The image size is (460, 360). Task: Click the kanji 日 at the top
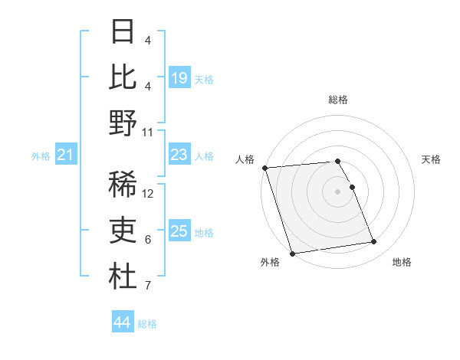(123, 31)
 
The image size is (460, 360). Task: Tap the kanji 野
(123, 123)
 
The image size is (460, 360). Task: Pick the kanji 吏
(123, 231)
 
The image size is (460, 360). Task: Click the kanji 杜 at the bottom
(123, 277)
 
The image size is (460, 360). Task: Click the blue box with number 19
(179, 77)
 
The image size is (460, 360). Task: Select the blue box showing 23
(179, 155)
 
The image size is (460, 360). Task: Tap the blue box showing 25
(179, 231)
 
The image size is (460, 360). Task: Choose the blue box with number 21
(66, 155)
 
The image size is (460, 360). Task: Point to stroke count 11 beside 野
(148, 132)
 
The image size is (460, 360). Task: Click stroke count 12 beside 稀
(148, 194)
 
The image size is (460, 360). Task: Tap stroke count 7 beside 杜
(148, 286)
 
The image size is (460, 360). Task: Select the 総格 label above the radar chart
(338, 100)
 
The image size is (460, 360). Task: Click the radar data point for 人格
(264, 168)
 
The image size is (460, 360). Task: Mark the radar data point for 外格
(292, 254)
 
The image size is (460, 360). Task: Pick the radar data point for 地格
(373, 242)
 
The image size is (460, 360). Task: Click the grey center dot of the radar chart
(338, 191)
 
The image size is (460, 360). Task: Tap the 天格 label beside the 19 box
(204, 79)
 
